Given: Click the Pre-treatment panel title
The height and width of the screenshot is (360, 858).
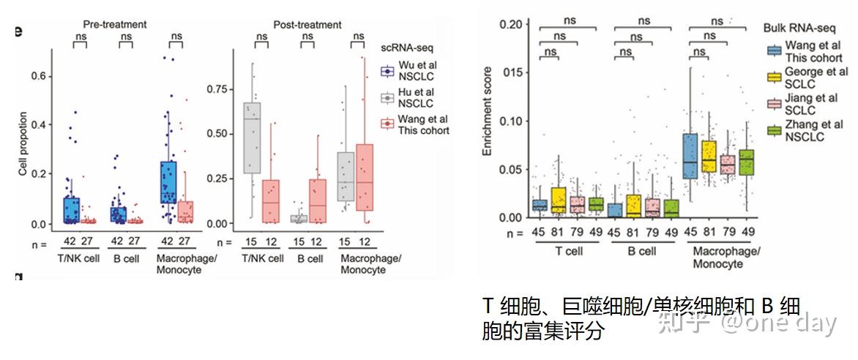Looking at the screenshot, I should (115, 24).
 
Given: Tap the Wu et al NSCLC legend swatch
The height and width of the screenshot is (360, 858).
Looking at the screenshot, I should (388, 72).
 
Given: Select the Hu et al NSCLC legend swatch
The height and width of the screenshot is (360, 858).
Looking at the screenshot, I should (388, 97).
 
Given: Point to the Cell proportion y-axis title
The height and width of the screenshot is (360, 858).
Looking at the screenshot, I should (23, 143).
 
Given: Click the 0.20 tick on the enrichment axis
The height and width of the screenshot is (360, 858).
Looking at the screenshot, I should (511, 24).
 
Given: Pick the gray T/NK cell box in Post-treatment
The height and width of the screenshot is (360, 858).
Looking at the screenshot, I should (252, 138).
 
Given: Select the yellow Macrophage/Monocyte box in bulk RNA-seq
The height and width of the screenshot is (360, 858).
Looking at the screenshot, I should (709, 156).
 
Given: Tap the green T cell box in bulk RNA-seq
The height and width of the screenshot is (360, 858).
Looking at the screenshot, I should (596, 204).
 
